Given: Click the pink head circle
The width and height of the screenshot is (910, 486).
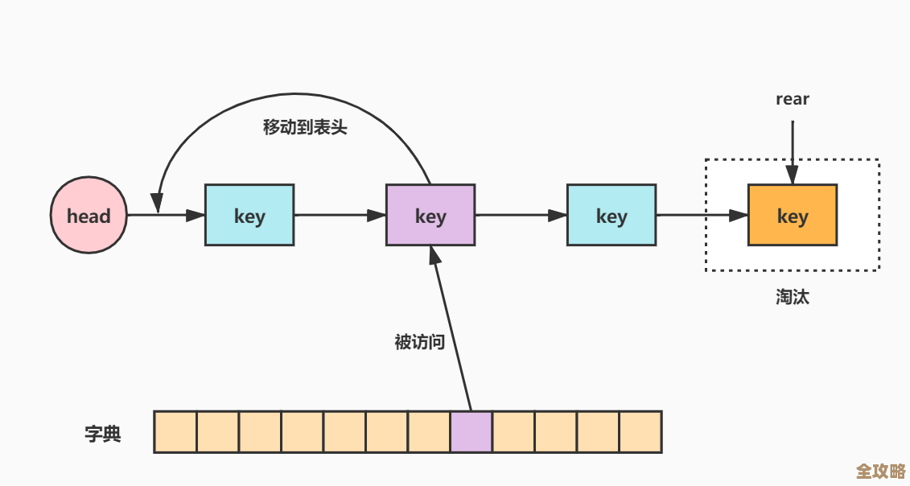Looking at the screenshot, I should (89, 216).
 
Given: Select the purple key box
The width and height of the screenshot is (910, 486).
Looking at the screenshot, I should (430, 216).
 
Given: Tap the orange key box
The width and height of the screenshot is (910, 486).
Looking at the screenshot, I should (793, 215).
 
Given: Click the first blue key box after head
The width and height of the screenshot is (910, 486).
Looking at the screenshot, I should (249, 216).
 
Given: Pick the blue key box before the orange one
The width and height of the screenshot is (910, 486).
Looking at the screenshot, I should (611, 216).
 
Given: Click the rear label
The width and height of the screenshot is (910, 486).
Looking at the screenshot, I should (793, 99).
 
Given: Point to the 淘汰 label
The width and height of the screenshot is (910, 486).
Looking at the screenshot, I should (793, 296).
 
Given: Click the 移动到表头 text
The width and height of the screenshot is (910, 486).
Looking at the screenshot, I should (305, 127).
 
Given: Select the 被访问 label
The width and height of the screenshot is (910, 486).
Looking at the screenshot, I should (419, 342).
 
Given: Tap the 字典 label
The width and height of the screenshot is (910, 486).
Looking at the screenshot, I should (103, 434).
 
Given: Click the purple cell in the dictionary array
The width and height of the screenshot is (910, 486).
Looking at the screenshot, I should (471, 432).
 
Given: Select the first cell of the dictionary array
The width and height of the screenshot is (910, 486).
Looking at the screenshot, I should (175, 432).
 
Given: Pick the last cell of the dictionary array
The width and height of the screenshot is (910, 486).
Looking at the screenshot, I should (640, 432).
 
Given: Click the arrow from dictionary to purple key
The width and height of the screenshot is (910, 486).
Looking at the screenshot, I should (452, 330).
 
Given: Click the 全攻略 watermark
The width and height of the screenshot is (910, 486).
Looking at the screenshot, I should (880, 470).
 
